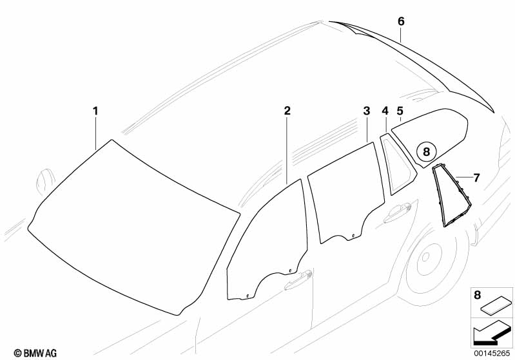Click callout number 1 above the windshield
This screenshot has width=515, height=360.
point(95,111)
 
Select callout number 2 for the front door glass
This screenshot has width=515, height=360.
point(287,111)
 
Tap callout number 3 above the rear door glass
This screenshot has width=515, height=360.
point(366,111)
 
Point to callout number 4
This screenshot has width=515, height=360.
point(385,111)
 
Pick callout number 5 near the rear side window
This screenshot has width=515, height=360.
point(400,111)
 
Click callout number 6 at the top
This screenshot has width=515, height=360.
point(401,21)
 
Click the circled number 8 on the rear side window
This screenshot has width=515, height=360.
point(425,153)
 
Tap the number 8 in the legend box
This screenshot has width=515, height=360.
point(477,295)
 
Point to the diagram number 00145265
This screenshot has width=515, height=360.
point(492,352)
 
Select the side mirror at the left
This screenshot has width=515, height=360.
point(44,179)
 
